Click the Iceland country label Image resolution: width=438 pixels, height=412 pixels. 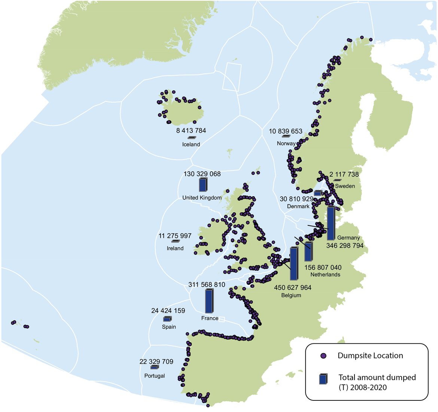click(191, 144)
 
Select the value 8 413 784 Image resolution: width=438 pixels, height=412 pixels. click(191, 131)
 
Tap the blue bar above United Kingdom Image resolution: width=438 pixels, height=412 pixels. click(203, 185)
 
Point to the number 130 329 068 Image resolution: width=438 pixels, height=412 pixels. click(202, 174)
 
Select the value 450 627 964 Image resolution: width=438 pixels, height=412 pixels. click(292, 288)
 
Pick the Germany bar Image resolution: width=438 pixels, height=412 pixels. click(331, 223)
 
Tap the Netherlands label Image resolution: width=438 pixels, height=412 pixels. click(325, 275)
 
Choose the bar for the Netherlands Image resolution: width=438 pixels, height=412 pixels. click(308, 252)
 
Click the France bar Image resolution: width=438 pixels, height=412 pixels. click(209, 301)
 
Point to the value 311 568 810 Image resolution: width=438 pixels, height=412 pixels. click(207, 285)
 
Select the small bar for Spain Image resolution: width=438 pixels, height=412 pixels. click(167, 319)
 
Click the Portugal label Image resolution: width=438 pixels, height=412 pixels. click(154, 376)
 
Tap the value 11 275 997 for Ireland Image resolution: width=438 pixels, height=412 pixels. click(175, 236)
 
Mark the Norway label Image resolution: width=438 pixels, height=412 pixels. click(286, 143)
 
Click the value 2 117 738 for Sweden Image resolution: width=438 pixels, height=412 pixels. click(344, 174)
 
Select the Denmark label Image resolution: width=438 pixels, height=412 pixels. click(298, 206)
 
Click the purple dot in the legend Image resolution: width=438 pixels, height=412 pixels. click(324, 356)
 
